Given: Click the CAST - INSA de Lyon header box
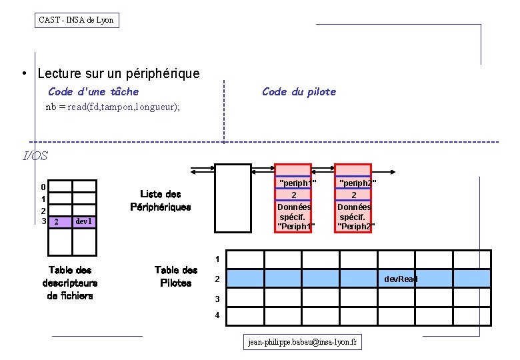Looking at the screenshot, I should (77, 20).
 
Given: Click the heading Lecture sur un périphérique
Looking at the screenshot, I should (119, 73).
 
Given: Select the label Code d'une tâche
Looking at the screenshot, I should (93, 91).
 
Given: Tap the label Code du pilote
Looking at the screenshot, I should (299, 91).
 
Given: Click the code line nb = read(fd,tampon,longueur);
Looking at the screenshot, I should (113, 107).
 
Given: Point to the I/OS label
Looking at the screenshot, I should (35, 156).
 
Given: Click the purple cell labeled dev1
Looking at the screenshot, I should (85, 221).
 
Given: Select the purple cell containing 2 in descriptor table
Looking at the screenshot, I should (59, 221).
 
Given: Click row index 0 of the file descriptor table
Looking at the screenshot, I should (43, 187).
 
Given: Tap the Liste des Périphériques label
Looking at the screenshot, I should (161, 200).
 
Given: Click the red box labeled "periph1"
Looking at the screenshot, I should (294, 198).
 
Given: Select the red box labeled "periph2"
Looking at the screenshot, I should (354, 198).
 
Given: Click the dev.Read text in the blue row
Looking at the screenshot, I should (401, 279).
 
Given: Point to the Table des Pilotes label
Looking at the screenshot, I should (176, 276).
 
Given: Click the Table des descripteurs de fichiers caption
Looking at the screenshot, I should (70, 283).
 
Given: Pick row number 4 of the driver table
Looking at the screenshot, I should (217, 315).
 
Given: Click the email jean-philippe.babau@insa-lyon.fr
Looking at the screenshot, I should (303, 342).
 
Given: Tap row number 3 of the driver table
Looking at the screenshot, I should (217, 298).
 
